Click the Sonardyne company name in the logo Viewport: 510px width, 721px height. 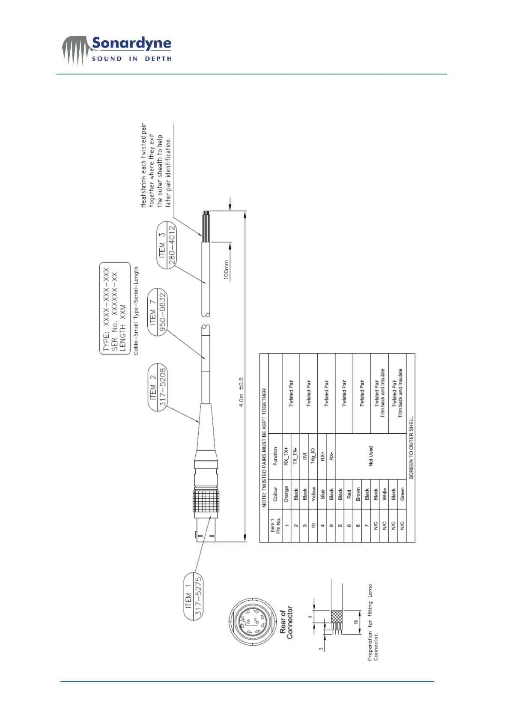(x=131, y=44)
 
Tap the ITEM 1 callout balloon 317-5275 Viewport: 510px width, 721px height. (x=193, y=596)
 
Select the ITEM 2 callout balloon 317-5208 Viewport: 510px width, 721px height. (x=157, y=387)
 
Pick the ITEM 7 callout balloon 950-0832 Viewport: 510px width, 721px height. (x=157, y=312)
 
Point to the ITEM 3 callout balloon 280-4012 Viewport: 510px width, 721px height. (x=167, y=244)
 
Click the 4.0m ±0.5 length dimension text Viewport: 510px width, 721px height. (x=242, y=392)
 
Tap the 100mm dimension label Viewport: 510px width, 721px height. (x=227, y=270)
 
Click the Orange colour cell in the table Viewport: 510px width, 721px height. (x=286, y=495)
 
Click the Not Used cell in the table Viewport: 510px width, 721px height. (x=371, y=456)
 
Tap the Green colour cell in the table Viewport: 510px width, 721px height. (x=402, y=495)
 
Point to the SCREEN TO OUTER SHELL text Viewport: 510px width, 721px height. (x=411, y=447)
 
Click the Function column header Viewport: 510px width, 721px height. (x=275, y=456)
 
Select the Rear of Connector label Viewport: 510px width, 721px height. (x=286, y=623)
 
